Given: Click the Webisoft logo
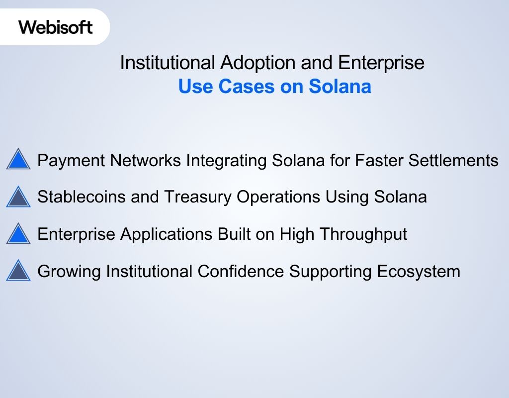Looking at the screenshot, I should [56, 27].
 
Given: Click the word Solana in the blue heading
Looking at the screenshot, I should [339, 87].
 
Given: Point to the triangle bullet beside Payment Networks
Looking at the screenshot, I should [18, 160].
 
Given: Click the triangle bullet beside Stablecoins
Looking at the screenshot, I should [18, 197].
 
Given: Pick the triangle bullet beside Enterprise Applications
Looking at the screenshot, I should [18, 234].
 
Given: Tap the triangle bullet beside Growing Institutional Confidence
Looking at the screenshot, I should [18, 271].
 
